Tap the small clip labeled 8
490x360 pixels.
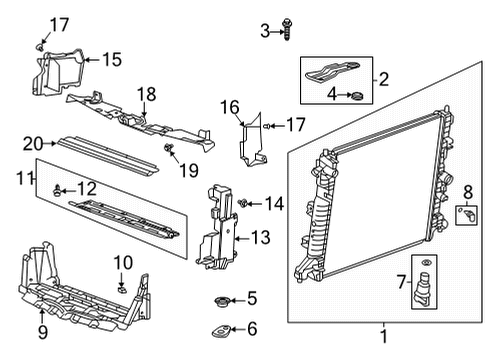(464, 214)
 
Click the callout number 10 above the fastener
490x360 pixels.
(122, 262)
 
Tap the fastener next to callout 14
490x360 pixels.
(244, 203)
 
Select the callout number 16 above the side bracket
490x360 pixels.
(229, 107)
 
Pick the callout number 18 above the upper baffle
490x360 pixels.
(147, 93)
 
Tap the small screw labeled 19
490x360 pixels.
(171, 149)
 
